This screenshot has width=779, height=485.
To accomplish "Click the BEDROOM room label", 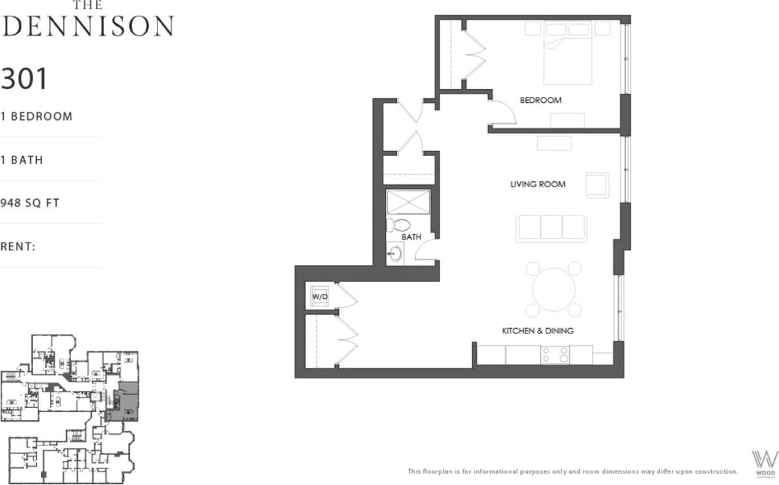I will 540,100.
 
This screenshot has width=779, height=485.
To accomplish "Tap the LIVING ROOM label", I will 538,185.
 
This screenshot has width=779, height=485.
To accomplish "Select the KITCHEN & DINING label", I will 538,331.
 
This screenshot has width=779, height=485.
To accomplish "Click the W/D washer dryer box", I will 320,297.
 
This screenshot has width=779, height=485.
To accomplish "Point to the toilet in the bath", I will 399,226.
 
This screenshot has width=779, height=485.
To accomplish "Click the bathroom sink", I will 395,253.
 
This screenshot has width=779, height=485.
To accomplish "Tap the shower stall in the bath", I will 408,202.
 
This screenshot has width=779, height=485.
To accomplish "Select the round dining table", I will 554,289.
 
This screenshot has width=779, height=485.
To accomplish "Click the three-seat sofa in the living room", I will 552,229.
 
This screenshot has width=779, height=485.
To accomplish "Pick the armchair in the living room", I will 597,185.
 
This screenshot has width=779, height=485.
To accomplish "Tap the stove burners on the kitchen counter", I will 555,355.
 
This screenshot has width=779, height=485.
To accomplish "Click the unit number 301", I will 24,79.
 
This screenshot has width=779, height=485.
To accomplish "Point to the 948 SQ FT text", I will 30,203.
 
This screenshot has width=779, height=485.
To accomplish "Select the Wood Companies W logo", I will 765,461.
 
